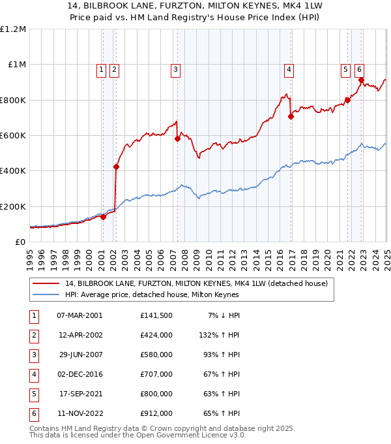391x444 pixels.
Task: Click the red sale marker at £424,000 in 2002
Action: click(116, 166)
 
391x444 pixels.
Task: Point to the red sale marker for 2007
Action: click(177, 138)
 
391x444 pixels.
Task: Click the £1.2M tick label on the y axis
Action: click(13, 29)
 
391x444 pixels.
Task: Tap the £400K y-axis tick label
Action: click(13, 171)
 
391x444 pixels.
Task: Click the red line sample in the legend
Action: click(47, 283)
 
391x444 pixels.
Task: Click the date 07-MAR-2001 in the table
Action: click(79, 315)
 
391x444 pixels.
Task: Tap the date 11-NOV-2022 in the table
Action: click(80, 413)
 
